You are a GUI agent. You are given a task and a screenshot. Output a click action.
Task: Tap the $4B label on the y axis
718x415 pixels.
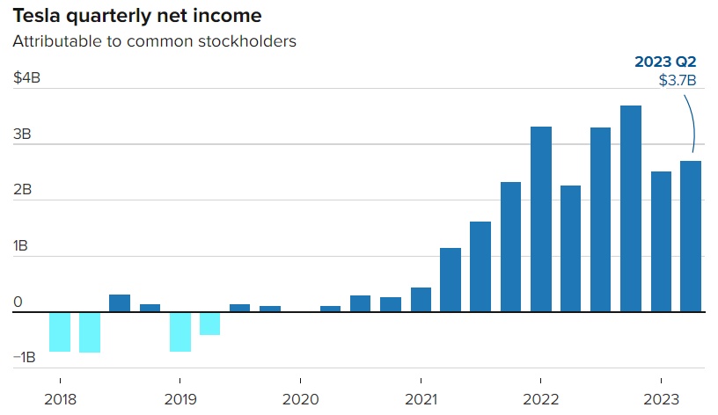click(x=26, y=78)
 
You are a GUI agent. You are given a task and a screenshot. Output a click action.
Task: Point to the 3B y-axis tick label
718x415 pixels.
click(x=22, y=135)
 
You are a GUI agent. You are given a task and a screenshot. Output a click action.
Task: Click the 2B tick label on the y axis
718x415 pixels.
click(x=22, y=190)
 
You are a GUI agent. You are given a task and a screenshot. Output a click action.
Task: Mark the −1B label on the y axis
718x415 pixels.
click(x=24, y=357)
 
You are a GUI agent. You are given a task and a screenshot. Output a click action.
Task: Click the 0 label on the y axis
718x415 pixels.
click(x=18, y=302)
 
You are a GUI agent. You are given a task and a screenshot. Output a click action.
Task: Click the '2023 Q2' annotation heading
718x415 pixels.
click(x=666, y=62)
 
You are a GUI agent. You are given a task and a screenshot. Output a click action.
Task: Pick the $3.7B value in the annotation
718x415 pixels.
click(x=678, y=81)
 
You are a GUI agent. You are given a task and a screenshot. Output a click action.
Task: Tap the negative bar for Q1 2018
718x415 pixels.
click(x=60, y=331)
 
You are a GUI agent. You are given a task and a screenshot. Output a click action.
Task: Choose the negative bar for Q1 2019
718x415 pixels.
click(x=180, y=331)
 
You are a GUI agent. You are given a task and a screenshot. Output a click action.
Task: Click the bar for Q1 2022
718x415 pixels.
click(x=541, y=219)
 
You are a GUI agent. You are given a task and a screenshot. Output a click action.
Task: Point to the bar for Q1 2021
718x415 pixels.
click(x=421, y=299)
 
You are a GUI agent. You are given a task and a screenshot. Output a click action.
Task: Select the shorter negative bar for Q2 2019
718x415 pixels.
click(x=210, y=323)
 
